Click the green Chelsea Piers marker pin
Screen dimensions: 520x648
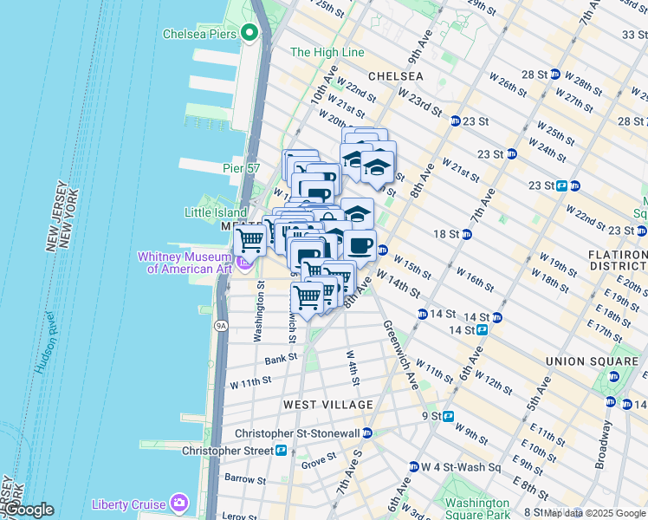[250, 34]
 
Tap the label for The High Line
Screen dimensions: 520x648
[327, 52]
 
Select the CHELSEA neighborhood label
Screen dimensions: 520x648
[396, 76]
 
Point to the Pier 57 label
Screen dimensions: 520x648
[241, 168]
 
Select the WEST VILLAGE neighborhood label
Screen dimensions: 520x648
[328, 405]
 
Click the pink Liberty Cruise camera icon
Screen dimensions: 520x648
[179, 502]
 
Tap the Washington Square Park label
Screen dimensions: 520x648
[476, 509]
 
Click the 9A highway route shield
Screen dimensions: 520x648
[221, 326]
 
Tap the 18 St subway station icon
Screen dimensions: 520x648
[467, 234]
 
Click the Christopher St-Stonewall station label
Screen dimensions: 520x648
[297, 432]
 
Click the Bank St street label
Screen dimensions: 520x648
[281, 357]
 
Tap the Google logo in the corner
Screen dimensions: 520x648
[28, 510]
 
